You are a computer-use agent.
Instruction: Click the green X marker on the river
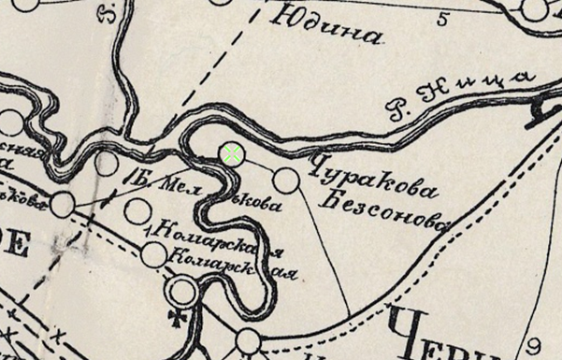click(232, 153)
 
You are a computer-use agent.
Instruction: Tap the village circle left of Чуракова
click(287, 180)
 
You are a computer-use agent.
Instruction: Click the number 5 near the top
click(440, 17)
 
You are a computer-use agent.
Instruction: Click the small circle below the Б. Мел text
click(137, 211)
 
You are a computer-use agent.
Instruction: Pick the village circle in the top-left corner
click(25, 4)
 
